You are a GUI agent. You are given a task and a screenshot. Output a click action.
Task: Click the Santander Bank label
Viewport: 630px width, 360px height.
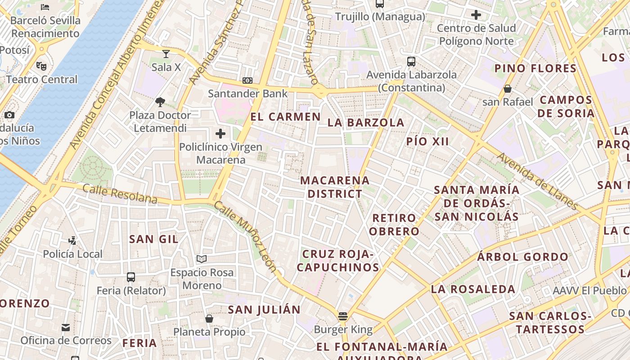point(247,94)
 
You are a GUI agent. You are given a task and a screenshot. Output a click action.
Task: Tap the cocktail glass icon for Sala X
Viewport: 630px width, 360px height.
point(166,54)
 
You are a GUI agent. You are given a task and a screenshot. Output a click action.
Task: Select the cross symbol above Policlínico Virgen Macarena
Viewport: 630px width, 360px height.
point(220,134)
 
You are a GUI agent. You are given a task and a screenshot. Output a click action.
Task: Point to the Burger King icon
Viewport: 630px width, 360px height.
point(343,316)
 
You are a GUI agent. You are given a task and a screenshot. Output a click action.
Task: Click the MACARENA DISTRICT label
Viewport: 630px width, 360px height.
point(335,187)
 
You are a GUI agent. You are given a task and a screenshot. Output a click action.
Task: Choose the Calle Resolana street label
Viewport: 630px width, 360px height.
point(120,194)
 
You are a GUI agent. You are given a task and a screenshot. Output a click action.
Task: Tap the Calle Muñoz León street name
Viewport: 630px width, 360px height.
point(245,237)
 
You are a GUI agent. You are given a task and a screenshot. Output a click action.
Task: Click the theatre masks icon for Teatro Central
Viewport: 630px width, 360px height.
point(41,66)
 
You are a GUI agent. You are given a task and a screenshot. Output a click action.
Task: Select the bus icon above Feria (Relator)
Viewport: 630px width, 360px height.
point(131,277)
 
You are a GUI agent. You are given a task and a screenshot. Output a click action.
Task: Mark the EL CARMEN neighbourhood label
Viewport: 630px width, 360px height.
point(285,117)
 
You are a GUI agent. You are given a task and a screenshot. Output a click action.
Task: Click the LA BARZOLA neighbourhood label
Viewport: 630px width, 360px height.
point(366,122)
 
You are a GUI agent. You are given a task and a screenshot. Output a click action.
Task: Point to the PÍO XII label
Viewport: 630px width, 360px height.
point(427,141)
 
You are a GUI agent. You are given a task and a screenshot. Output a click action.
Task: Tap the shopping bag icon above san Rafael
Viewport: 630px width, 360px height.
point(508,89)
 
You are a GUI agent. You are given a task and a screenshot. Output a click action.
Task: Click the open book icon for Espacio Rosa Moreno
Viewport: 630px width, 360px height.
point(202,259)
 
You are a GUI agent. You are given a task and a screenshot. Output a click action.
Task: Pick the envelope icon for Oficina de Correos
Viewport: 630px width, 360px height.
point(66,327)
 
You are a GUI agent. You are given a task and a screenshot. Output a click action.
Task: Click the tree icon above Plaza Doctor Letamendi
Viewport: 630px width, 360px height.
point(160,102)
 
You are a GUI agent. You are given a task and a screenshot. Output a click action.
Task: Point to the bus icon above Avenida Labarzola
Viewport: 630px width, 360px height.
point(411,62)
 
